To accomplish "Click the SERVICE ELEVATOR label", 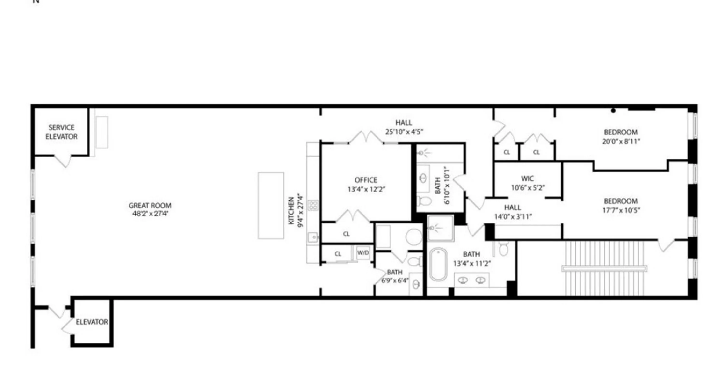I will point(61,132).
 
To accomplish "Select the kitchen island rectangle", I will point(271,206).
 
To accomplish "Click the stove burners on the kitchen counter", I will point(313,205).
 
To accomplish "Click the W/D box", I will point(363,253).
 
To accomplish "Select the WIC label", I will point(527,178).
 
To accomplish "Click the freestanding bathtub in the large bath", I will point(438,264).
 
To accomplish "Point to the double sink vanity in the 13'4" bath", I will point(472,280).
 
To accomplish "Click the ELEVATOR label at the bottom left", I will point(92,322).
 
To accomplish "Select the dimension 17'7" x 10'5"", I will point(621,210).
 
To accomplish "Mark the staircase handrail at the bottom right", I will point(604,268).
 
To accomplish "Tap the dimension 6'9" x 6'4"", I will point(395,281).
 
